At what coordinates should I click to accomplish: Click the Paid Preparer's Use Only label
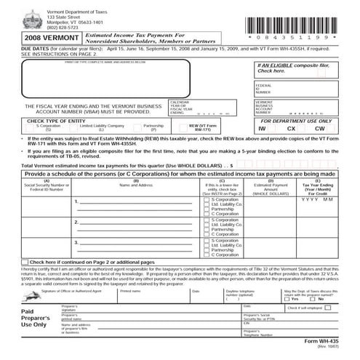[30, 319]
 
